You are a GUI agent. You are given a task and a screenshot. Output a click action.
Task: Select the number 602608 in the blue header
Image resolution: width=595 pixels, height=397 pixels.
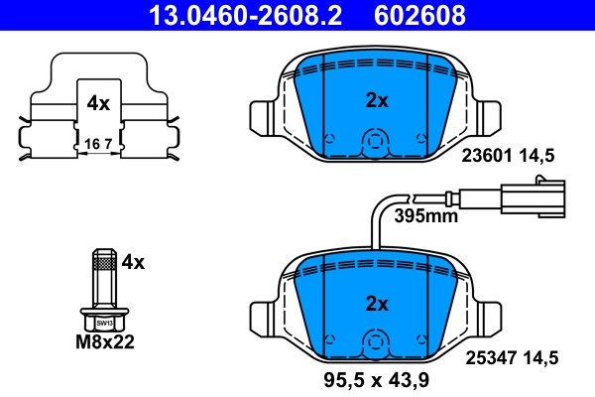click(x=417, y=15)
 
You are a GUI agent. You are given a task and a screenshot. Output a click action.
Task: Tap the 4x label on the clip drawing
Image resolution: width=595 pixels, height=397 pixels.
click(x=97, y=102)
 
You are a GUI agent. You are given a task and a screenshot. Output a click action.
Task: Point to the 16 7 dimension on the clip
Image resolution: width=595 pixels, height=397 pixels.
click(x=97, y=143)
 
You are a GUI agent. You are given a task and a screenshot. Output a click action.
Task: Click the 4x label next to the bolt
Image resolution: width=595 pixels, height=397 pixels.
click(x=132, y=262)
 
